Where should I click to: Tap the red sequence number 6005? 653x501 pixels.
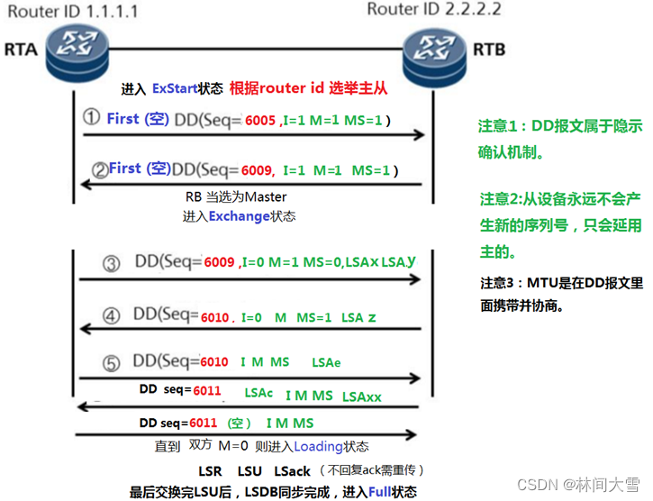259,120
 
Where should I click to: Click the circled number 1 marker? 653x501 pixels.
91,118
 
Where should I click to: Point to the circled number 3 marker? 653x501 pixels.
111,263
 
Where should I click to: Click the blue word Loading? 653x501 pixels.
319,447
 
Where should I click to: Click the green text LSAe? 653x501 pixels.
327,362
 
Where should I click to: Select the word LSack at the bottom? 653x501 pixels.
291,471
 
